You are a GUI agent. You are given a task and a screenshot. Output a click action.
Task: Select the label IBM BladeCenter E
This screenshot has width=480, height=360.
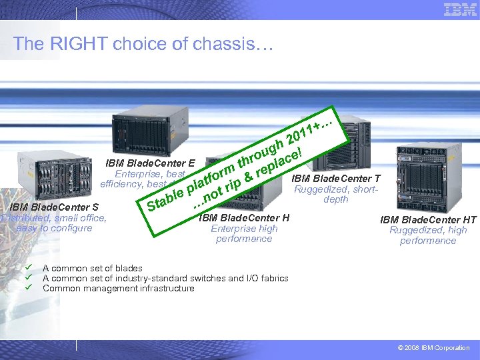tap(150, 163)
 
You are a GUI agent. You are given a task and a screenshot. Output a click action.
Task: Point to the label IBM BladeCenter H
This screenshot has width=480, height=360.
tap(244, 217)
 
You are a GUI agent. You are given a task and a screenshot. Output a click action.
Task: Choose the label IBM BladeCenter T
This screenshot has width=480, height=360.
tap(336, 178)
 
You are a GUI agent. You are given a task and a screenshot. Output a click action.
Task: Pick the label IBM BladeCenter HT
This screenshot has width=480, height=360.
tap(428, 219)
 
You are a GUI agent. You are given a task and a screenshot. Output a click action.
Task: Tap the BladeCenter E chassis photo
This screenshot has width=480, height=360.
tap(145, 131)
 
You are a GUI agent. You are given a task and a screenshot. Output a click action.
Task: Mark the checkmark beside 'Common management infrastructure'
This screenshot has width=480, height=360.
tap(29, 288)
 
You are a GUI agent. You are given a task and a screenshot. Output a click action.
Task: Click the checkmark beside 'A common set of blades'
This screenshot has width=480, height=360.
tap(29, 268)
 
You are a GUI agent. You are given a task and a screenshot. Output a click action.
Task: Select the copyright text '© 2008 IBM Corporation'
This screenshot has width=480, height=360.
tap(433, 348)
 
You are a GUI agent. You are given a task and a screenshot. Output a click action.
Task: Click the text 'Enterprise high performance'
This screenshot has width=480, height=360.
tap(244, 233)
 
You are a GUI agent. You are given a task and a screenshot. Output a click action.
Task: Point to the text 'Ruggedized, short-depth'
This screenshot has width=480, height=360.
tap(336, 194)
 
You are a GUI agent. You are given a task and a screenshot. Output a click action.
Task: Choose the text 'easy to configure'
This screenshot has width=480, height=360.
tap(54, 228)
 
